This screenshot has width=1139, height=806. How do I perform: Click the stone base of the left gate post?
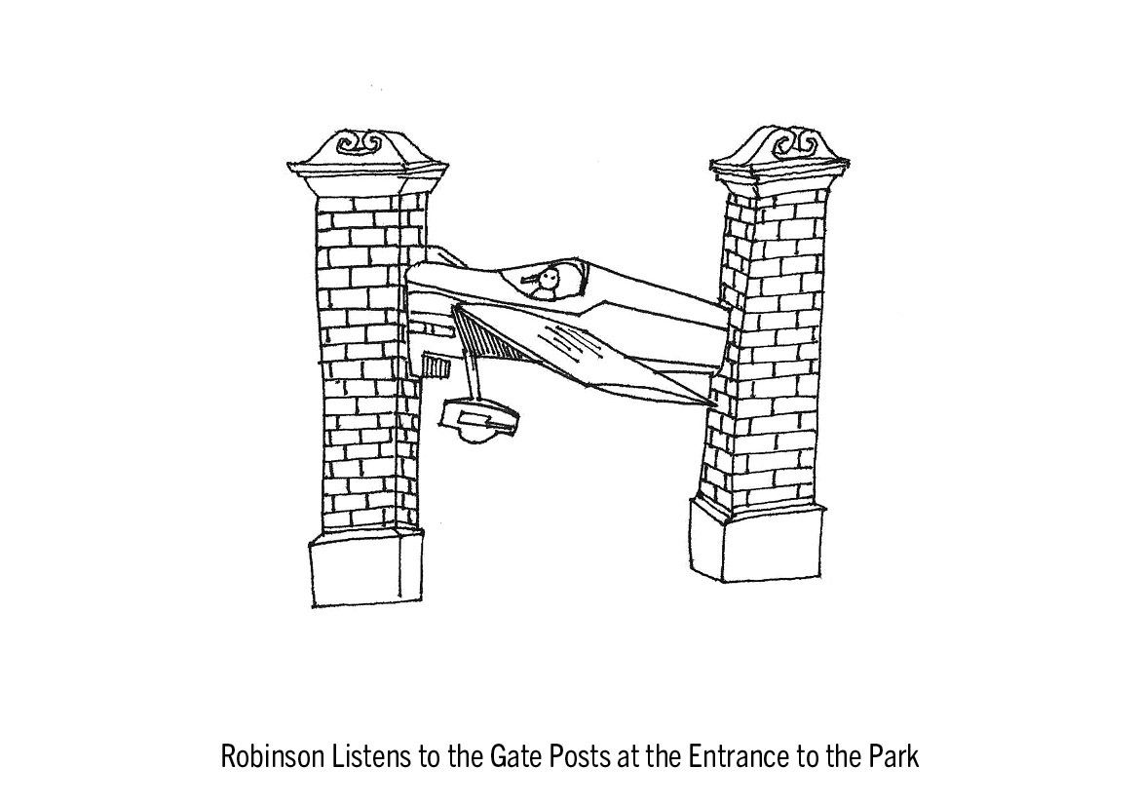coord(368,569)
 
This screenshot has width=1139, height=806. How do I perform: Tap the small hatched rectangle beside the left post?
coord(436,366)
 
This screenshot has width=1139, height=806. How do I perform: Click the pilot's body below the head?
coord(546,292)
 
